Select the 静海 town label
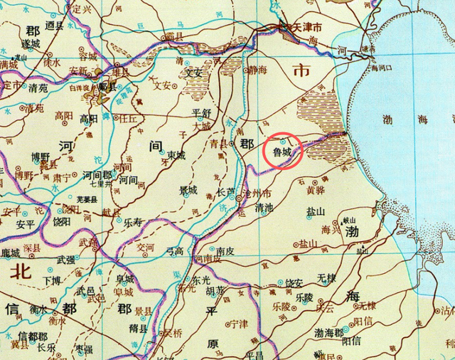(258, 70)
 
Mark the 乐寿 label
(132, 222)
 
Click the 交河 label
(145, 247)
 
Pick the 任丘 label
(128, 120)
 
